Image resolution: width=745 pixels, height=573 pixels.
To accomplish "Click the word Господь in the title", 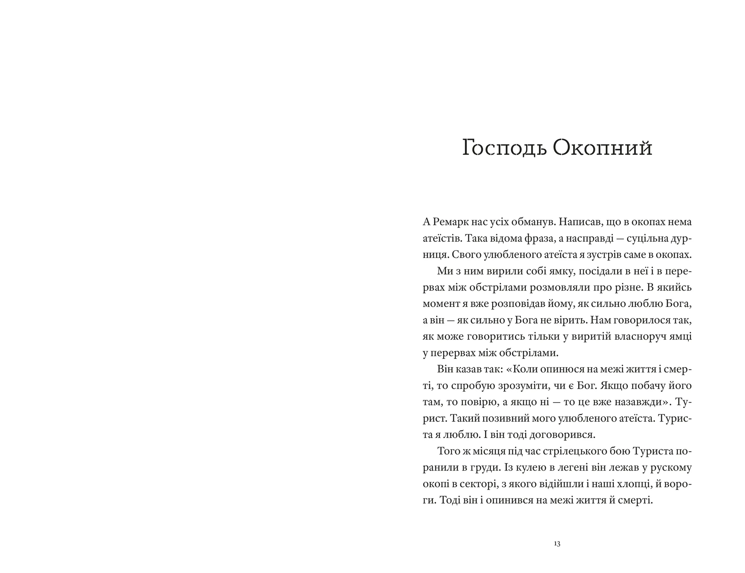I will (505, 148).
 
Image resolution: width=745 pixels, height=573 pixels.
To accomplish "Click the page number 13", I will (557, 544).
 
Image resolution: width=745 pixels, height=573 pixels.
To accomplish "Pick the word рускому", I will (668, 468).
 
